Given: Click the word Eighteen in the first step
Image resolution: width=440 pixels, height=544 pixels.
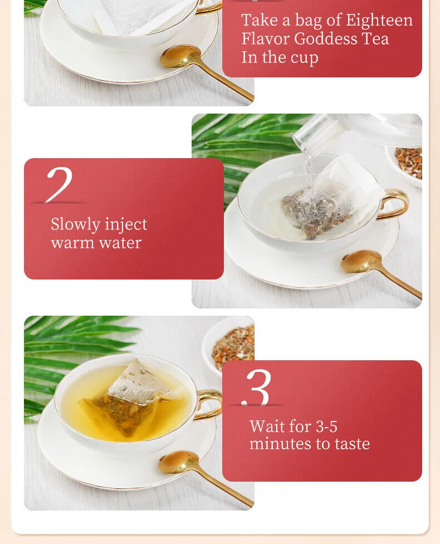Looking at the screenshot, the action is (379, 20).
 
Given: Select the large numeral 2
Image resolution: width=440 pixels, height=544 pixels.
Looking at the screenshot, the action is (60, 184).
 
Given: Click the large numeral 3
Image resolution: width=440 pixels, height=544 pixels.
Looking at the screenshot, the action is (257, 387).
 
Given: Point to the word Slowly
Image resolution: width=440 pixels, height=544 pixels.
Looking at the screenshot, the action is (75, 224).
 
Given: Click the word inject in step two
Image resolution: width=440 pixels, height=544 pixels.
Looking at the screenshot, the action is (126, 224).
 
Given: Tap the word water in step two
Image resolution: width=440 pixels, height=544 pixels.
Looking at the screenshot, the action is (120, 243).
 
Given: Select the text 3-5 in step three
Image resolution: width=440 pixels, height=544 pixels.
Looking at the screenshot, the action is (326, 427).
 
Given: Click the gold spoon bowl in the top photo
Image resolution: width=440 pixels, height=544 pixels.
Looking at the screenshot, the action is (180, 56).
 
